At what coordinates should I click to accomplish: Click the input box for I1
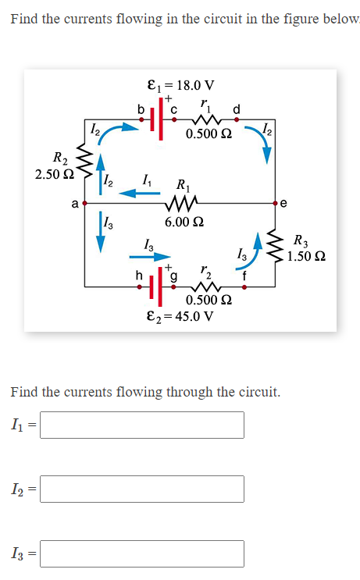click(x=142, y=425)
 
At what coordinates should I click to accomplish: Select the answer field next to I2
click(x=142, y=489)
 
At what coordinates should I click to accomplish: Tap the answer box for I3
click(x=142, y=553)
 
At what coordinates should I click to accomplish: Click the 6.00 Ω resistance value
click(x=184, y=222)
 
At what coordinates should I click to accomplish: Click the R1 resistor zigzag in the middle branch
click(x=184, y=205)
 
